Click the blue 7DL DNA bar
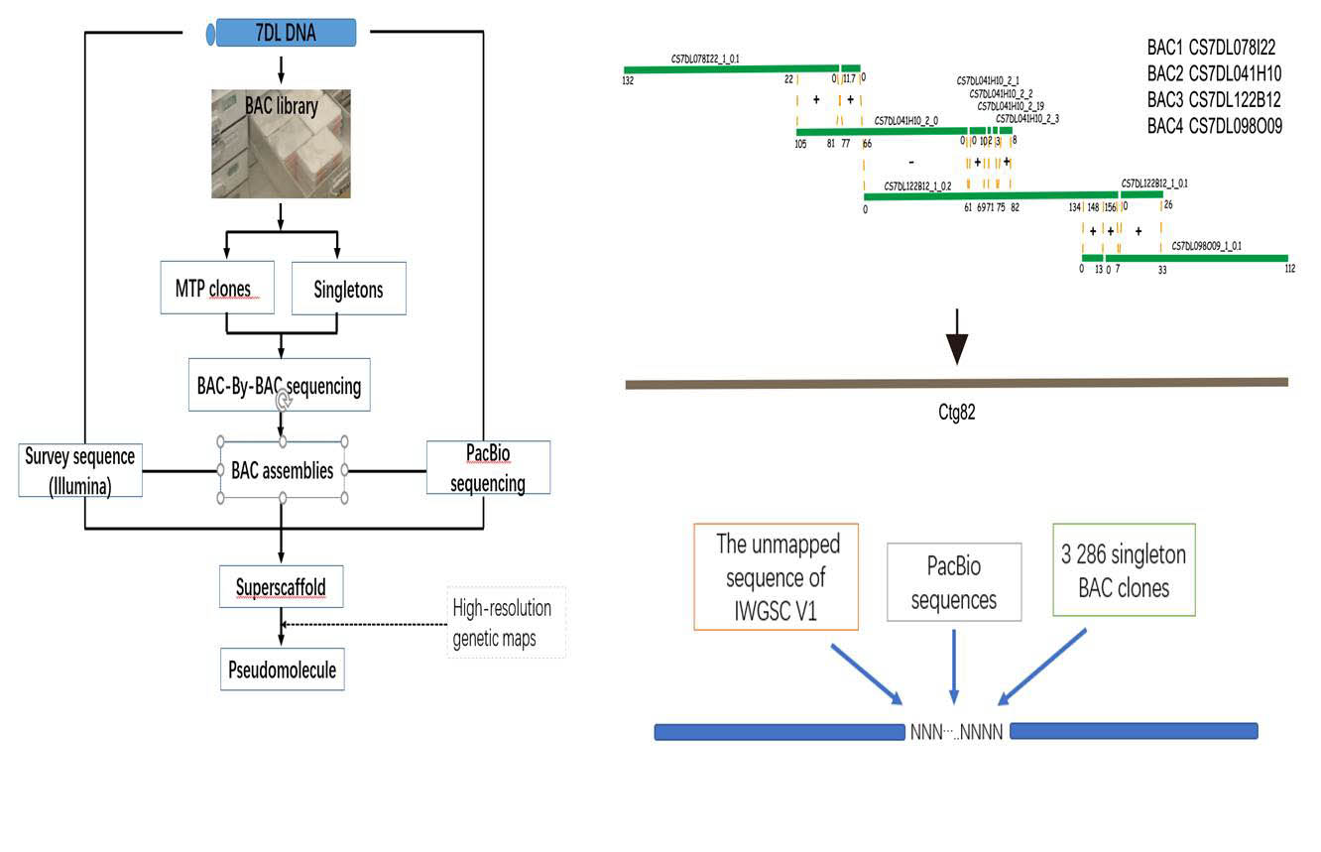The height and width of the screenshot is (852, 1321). (x=286, y=33)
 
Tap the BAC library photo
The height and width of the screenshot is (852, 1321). (x=281, y=143)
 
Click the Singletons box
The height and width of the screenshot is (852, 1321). (x=348, y=289)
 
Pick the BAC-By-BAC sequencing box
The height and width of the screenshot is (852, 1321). (x=278, y=385)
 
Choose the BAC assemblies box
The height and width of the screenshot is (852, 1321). (x=283, y=470)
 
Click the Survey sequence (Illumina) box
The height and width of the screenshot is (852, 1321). (x=80, y=469)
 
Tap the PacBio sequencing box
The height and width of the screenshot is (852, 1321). (x=488, y=468)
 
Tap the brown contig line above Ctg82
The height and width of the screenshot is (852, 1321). (x=956, y=382)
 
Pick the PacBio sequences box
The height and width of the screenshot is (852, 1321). (x=953, y=582)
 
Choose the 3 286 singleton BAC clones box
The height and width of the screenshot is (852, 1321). (x=1124, y=570)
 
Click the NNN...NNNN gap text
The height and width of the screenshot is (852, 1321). (x=956, y=733)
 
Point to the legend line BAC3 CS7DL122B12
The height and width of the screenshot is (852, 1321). (x=1214, y=99)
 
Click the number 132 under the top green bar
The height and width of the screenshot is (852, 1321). (x=628, y=80)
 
